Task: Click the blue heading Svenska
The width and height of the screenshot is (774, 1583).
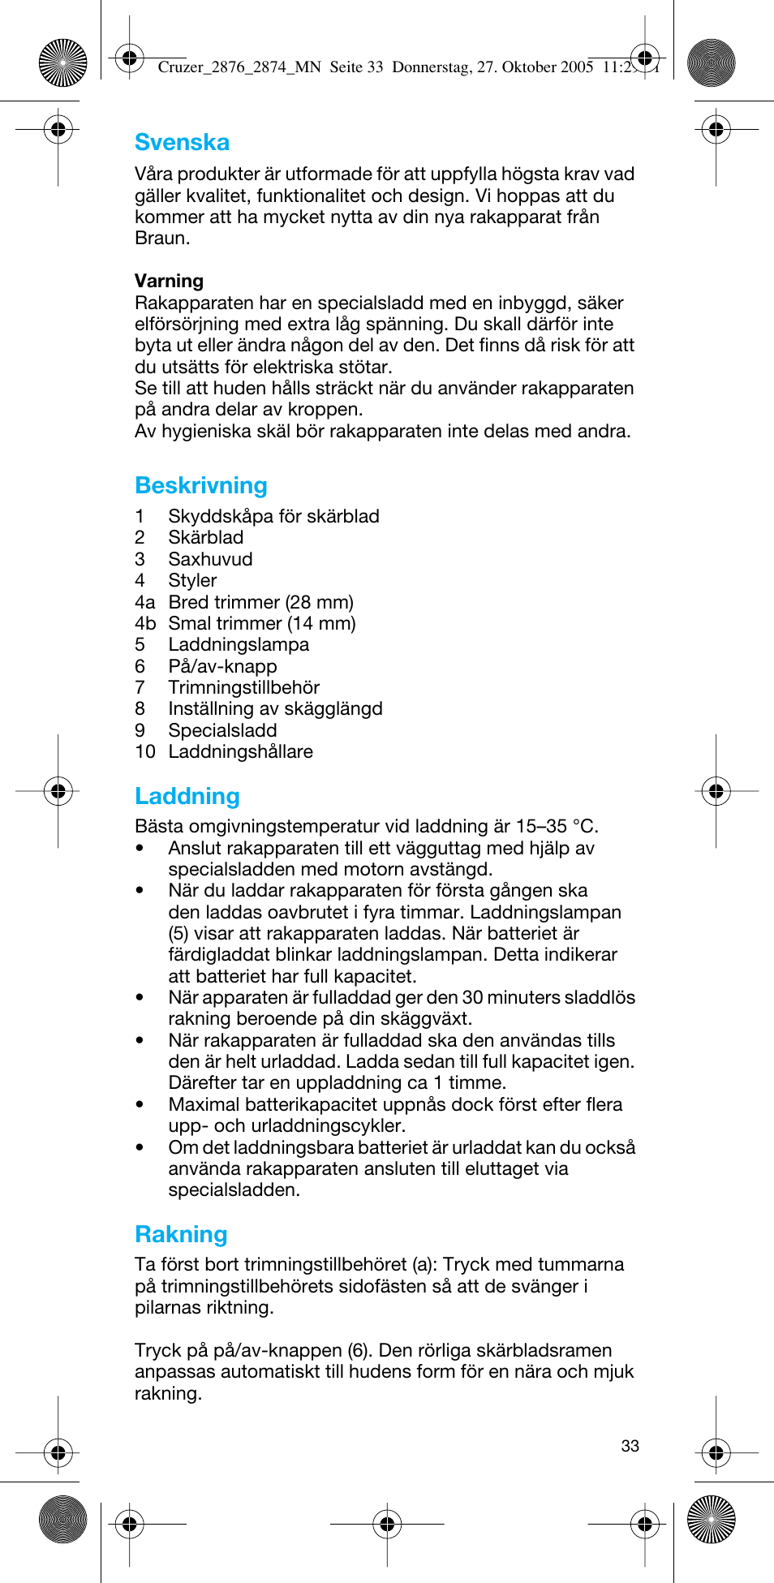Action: tap(182, 143)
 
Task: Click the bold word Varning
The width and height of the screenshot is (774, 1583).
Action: tap(169, 281)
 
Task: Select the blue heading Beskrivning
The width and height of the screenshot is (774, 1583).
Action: tap(201, 485)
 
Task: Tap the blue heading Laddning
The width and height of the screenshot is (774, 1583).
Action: tap(187, 796)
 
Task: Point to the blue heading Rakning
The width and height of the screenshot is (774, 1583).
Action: tap(181, 1234)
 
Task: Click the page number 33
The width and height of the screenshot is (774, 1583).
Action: tap(630, 1446)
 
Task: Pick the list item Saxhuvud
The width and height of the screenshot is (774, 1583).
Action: tap(210, 559)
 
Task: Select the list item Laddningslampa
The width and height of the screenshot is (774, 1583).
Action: tap(239, 644)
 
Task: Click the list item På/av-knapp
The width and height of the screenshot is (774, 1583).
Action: tap(222, 666)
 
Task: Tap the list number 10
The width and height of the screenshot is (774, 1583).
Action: tap(145, 751)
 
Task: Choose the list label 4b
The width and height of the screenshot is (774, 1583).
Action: tap(145, 623)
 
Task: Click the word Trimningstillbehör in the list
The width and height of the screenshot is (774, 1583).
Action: tap(243, 687)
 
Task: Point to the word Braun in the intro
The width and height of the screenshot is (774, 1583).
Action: tap(161, 238)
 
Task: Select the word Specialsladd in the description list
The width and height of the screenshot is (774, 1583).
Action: tap(222, 730)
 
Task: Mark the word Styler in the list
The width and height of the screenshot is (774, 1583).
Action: tap(192, 580)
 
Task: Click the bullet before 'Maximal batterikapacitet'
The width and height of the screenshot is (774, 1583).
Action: tap(140, 1104)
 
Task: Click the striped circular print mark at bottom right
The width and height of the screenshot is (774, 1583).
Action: tap(711, 1518)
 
